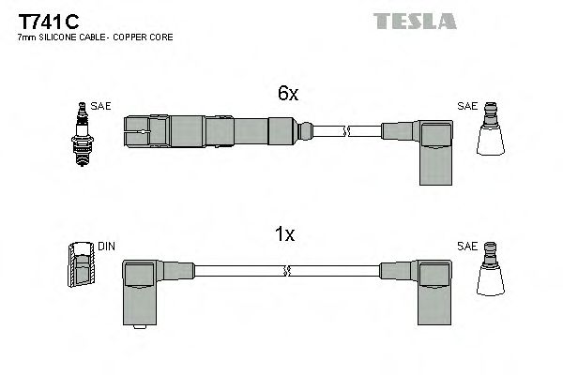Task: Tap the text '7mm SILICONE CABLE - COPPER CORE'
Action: pyautogui.click(x=95, y=37)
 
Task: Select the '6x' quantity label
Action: pyautogui.click(x=287, y=94)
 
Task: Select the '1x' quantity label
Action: pyautogui.click(x=286, y=235)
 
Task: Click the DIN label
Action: pyautogui.click(x=106, y=247)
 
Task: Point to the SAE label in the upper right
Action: pyautogui.click(x=465, y=106)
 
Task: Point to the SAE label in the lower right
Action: pyautogui.click(x=466, y=247)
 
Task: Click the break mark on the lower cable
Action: pyautogui.click(x=285, y=272)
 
